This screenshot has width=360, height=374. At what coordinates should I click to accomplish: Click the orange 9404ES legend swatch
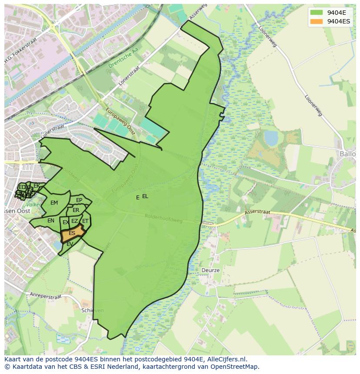coord(317,21)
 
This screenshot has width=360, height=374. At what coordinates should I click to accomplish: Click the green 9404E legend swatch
coord(317,13)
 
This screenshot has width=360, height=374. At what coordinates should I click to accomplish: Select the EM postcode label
coord(54,203)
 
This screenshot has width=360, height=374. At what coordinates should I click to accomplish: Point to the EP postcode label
coord(79,200)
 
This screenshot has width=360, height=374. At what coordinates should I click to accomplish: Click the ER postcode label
coord(76,210)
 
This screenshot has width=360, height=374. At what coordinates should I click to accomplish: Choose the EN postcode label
coord(51,221)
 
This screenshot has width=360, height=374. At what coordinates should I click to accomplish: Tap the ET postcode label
coord(85,221)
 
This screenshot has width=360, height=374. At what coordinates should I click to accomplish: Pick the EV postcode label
coord(70,244)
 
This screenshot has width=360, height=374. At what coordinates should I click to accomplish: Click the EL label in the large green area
coord(145,196)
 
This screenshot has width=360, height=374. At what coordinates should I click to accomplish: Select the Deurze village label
coord(210,270)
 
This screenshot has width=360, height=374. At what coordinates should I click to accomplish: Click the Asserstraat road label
coord(257,213)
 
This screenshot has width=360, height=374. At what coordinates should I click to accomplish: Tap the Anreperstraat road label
coord(46,295)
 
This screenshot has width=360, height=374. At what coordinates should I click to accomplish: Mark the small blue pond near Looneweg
coord(271,138)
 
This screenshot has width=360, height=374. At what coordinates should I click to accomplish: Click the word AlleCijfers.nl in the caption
coord(225,359)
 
